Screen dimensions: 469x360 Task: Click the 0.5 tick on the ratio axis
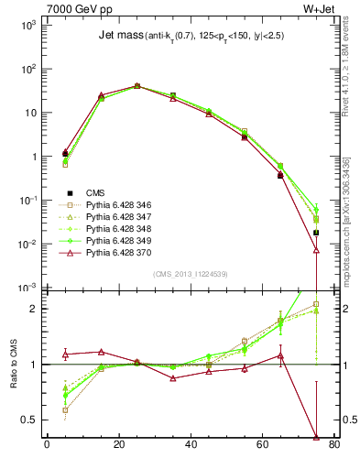click(x=28, y=420)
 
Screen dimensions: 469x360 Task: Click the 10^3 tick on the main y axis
click(x=27, y=26)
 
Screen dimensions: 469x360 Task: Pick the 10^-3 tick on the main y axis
click(x=27, y=289)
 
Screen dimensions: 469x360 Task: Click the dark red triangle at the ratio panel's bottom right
click(x=316, y=437)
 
